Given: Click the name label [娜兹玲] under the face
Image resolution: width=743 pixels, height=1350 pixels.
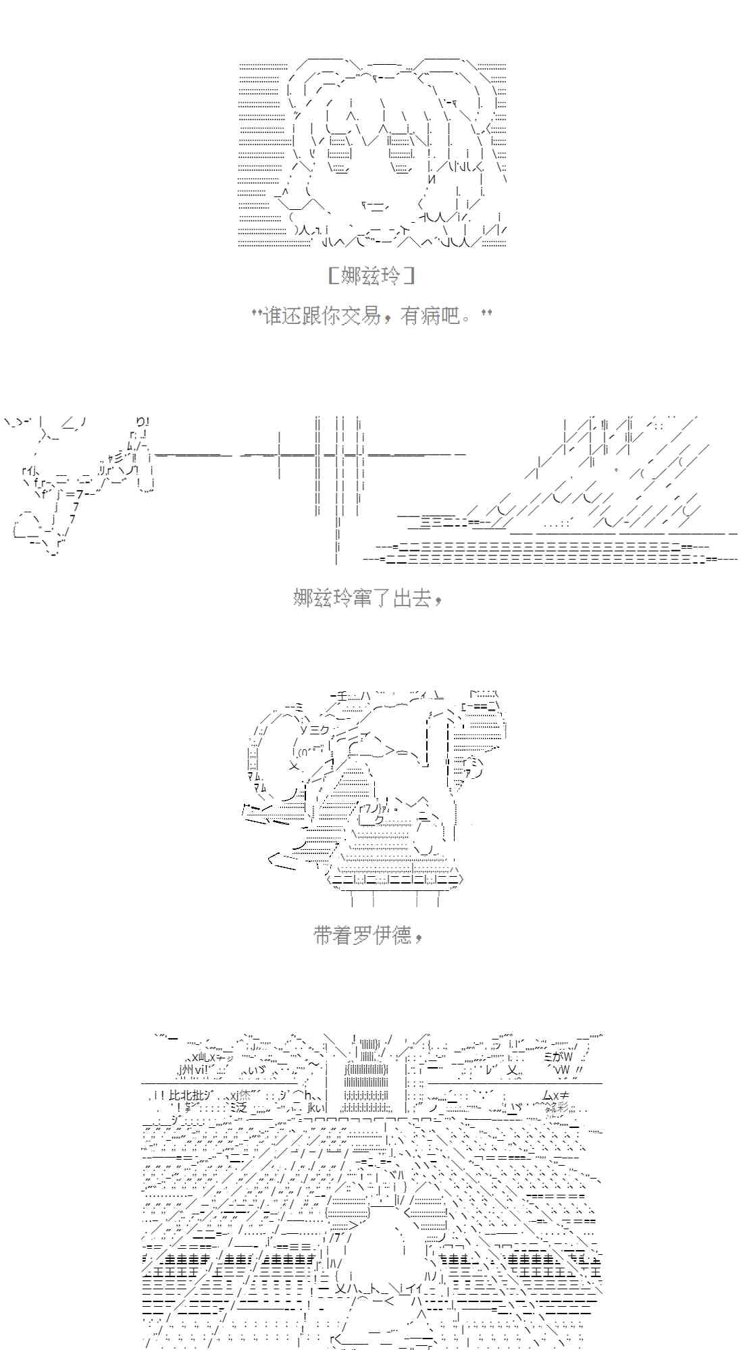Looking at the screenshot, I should [371, 276].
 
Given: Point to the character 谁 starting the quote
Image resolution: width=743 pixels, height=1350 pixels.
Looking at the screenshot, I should [272, 315].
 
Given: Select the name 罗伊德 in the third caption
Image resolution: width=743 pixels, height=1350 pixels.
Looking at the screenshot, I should [382, 935].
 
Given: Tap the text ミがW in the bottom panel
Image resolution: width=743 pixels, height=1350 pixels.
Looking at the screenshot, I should [558, 1056].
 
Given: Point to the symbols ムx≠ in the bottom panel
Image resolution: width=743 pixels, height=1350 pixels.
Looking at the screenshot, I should [556, 1095].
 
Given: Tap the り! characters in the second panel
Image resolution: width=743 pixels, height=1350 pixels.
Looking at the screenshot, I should [141, 421].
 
